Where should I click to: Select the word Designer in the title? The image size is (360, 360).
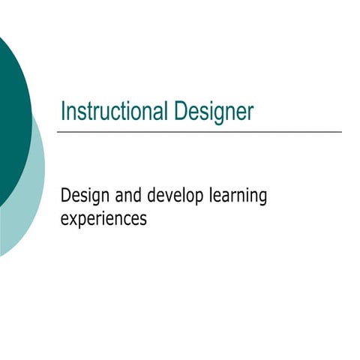pos(214,112)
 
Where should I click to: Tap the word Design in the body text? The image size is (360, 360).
pos(84,197)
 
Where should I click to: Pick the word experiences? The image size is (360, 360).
pos(103,220)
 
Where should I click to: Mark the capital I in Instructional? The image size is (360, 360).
pos(63,112)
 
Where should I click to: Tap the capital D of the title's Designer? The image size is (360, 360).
pos(180,112)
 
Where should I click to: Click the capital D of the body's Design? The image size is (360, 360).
pos(65,196)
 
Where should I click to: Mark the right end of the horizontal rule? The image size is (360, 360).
pos(341,132)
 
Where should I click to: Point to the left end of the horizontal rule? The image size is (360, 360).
pos(58,132)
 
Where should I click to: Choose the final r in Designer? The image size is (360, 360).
pos(250,113)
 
